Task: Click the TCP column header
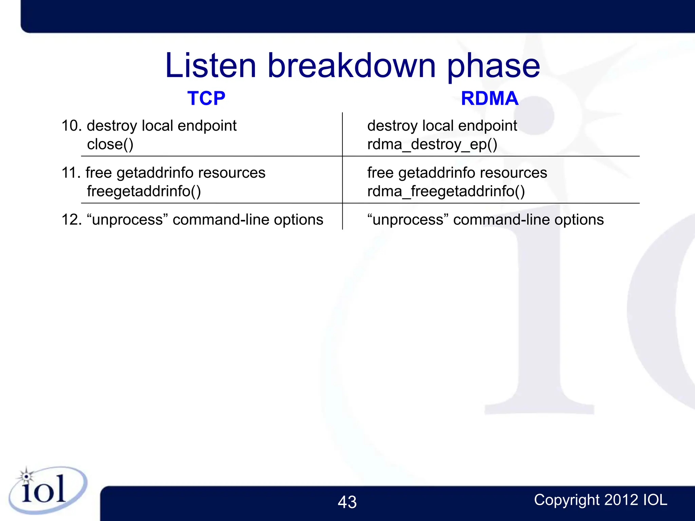click(206, 98)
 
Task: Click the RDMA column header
click(489, 98)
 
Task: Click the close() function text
click(110, 144)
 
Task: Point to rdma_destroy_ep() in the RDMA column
click(432, 144)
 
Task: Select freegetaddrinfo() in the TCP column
click(144, 191)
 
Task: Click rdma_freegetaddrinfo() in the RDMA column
click(446, 191)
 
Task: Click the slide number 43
click(347, 502)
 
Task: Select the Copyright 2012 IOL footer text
click(600, 500)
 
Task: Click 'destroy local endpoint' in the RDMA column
click(442, 126)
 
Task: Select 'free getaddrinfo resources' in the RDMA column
click(457, 173)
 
